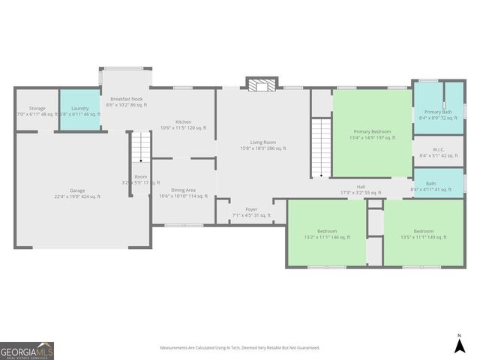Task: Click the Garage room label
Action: click(x=76, y=193)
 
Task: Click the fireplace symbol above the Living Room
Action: click(x=262, y=85)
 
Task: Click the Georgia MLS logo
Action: click(x=27, y=350)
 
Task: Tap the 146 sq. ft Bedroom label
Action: click(x=326, y=234)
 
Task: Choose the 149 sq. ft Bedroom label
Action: click(x=424, y=234)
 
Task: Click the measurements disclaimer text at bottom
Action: click(x=240, y=348)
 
